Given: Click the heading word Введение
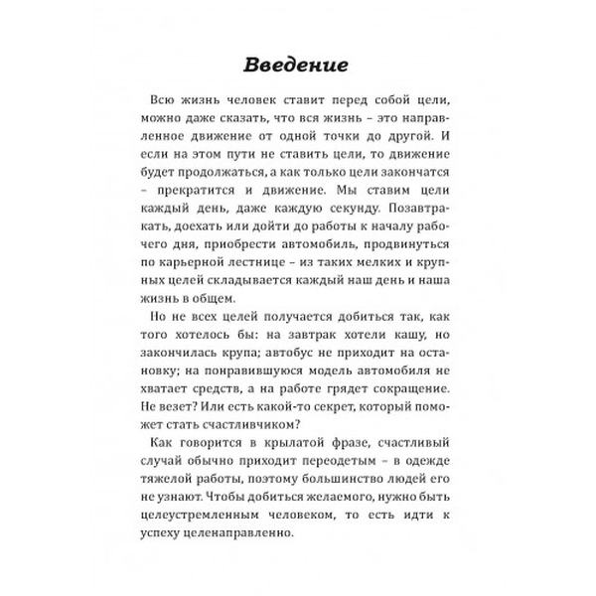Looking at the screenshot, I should click(x=297, y=66).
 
